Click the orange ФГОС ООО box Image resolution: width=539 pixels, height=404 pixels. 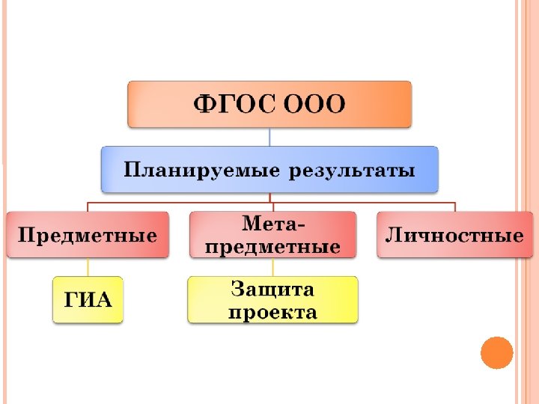pos(269,104)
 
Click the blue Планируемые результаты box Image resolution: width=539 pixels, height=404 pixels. pos(269,169)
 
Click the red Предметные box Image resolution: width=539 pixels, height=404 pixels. pos(88,236)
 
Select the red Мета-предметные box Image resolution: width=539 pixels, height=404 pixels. pos(272,235)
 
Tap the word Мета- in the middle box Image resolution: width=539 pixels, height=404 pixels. pos(272,224)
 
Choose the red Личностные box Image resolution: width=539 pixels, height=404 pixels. pos(454,236)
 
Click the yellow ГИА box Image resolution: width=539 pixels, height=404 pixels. pos(88,300)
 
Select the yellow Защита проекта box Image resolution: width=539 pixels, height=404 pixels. pos(272,299)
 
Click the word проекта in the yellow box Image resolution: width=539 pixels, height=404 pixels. pos(272,311)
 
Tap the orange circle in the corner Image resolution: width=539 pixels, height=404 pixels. pos(496,352)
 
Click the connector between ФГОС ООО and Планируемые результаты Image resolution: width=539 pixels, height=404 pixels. pos(269,137)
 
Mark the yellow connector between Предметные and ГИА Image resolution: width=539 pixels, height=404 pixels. pos(88,267)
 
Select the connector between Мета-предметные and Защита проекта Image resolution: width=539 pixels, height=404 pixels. pos(272,267)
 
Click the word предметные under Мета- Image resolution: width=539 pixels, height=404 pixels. pos(272,246)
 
